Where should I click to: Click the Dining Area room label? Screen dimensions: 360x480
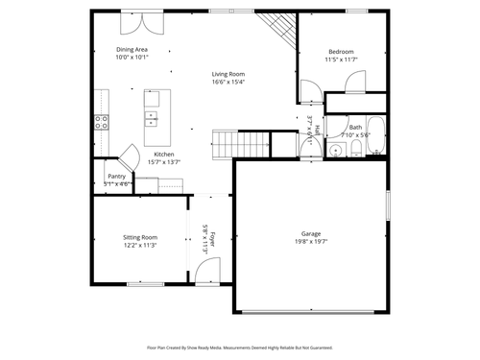tap(132, 50)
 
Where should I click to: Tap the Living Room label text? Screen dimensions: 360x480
tap(228, 74)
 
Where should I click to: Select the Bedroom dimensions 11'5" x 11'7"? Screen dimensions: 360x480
tap(341, 60)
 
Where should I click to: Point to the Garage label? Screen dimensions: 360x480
tap(310, 233)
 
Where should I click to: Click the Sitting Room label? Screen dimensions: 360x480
tap(140, 237)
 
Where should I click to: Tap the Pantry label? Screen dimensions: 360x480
tap(117, 176)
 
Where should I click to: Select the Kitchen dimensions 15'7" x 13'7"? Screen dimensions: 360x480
tap(164, 162)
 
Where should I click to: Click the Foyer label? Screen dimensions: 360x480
tap(213, 239)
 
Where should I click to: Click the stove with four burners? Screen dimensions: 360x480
tap(101, 121)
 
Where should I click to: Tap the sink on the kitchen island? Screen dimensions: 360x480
tap(152, 119)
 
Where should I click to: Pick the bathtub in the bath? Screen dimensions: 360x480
tap(377, 135)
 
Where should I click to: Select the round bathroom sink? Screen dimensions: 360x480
tap(309, 146)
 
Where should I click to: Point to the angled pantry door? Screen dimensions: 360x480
tap(130, 156)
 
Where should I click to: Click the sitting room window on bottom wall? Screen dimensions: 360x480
tap(145, 283)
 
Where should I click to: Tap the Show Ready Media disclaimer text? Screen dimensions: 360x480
tap(240, 348)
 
